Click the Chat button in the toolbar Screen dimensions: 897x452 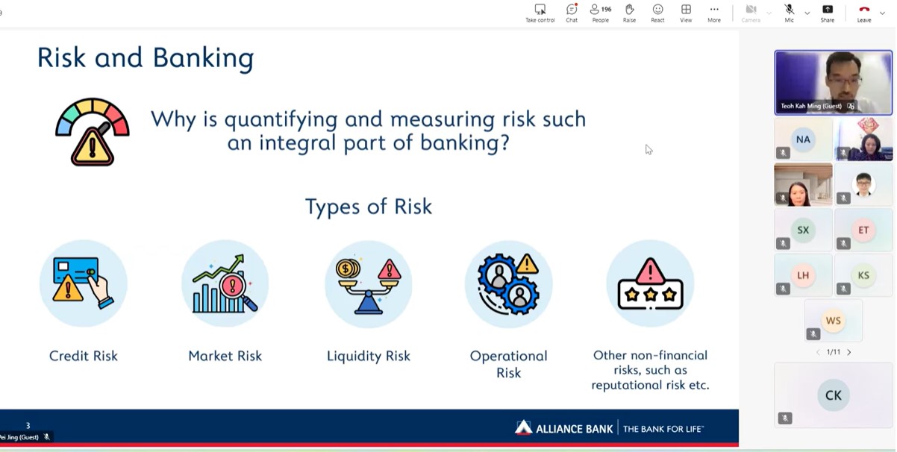[572, 13]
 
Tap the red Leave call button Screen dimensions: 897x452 [863, 13]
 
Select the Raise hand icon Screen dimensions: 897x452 [629, 13]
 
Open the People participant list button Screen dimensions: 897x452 [600, 13]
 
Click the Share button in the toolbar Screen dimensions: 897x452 [828, 13]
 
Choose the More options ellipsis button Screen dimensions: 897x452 [714, 13]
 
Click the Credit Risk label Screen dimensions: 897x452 [84, 356]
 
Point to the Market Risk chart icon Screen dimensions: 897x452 [225, 283]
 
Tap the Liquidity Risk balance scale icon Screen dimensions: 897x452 [369, 284]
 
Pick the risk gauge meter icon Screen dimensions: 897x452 [92, 132]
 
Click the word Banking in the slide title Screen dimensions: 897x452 [204, 58]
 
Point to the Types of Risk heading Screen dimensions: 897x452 [369, 207]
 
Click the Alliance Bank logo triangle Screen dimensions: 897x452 [523, 427]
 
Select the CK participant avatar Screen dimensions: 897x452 [834, 395]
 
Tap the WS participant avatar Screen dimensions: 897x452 [834, 320]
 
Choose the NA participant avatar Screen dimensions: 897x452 [803, 139]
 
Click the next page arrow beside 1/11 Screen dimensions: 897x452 [849, 352]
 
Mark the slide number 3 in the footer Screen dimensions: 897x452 [28, 425]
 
